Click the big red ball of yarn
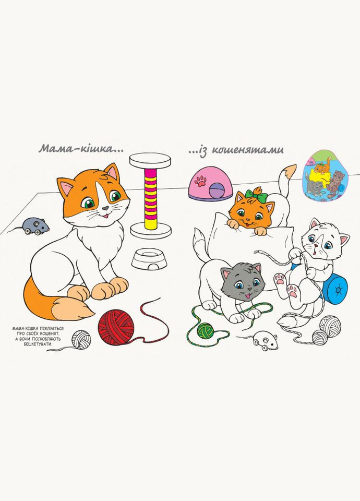point(116,326)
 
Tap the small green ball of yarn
point(206,330)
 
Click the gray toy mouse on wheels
point(34,225)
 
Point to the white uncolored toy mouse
point(266,341)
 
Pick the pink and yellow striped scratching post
point(150,198)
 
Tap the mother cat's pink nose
point(105,208)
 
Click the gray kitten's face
point(242,281)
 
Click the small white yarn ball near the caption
point(81,339)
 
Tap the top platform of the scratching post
point(150,160)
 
